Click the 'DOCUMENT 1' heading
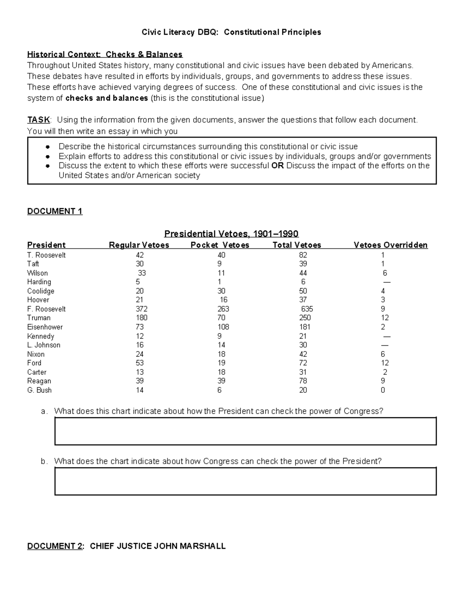coord(55,211)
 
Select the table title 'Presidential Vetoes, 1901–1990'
coord(231,234)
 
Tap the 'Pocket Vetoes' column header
coord(220,245)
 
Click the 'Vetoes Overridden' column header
coord(390,245)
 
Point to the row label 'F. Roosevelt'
coord(46,309)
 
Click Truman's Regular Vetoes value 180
coord(141,318)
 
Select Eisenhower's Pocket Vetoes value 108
coord(223,327)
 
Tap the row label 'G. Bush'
coord(39,390)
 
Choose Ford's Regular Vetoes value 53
coord(140,363)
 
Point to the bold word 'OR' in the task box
coord(277,166)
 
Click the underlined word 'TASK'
coord(39,120)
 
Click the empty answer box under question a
coord(245,431)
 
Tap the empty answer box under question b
coord(245,481)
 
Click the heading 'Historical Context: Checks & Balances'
coord(105,54)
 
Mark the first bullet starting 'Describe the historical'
coord(208,147)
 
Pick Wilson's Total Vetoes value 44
coord(303,273)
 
